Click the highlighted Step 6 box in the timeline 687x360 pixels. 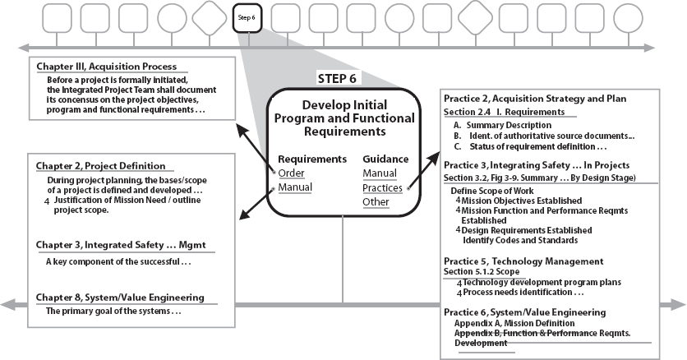point(247,17)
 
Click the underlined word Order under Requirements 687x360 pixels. point(291,173)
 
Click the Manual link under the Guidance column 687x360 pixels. point(380,173)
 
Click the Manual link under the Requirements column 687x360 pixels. point(294,187)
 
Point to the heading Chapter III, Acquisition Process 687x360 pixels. point(106,66)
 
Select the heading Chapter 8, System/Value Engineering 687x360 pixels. point(120,297)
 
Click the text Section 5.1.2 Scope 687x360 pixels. point(482,272)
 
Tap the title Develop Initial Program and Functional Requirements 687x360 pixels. point(343,119)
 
